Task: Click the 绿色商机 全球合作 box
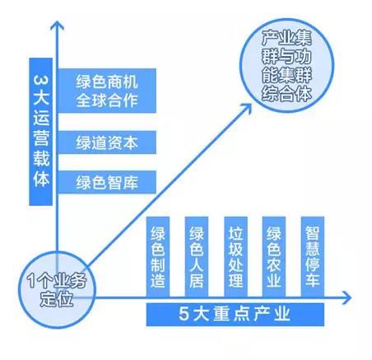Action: tap(107, 91)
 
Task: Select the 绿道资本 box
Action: tap(107, 143)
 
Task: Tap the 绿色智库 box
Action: tap(107, 182)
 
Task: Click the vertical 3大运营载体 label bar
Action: tap(41, 132)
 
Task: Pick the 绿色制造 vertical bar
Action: tap(158, 256)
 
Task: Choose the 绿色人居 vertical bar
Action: tap(197, 256)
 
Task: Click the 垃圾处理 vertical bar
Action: tap(235, 256)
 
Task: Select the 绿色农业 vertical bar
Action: tap(274, 256)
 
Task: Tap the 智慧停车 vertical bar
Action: tap(313, 256)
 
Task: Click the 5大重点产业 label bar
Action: tap(235, 315)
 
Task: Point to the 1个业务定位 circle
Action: tap(57, 290)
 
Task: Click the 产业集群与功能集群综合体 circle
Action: tap(286, 65)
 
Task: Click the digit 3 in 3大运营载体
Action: tap(41, 80)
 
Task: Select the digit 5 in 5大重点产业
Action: tap(184, 314)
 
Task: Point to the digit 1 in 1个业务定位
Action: tap(31, 280)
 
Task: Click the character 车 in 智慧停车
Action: tap(313, 280)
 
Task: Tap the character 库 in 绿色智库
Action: tap(130, 182)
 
